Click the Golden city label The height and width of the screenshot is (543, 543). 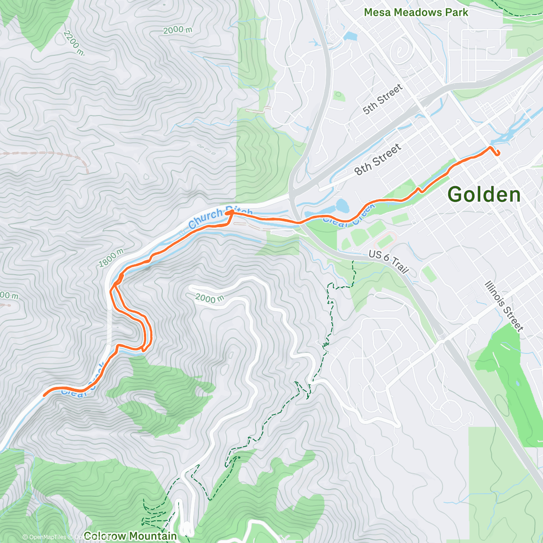click(484, 195)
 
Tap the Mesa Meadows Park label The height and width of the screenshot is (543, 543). click(416, 13)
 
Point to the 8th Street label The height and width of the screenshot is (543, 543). click(378, 160)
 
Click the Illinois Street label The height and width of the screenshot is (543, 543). click(504, 306)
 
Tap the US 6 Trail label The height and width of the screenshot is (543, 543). click(389, 262)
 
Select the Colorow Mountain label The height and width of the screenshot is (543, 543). click(130, 536)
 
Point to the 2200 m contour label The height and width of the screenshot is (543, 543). click(73, 43)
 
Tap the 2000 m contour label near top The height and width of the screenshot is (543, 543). click(177, 30)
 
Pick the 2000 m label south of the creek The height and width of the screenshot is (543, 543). click(210, 298)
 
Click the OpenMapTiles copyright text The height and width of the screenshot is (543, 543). click(44, 537)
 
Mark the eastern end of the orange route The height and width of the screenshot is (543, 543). click(498, 154)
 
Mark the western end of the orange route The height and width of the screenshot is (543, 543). click(44, 395)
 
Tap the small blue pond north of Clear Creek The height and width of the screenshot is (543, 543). click(343, 206)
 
